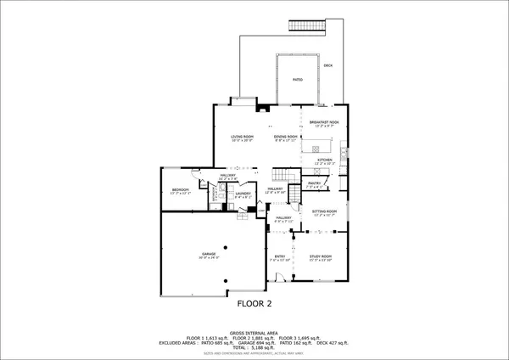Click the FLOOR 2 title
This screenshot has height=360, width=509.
pyautogui.click(x=254, y=302)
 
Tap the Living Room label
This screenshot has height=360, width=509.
pyautogui.click(x=243, y=137)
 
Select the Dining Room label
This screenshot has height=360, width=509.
pyautogui.click(x=285, y=137)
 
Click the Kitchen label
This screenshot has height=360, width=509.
pyautogui.click(x=324, y=160)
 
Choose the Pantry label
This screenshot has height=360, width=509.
pyautogui.click(x=313, y=183)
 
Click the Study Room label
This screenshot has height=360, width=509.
pyautogui.click(x=320, y=256)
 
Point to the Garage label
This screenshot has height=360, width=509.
pyautogui.click(x=210, y=254)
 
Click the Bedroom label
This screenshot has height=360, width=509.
pyautogui.click(x=180, y=189)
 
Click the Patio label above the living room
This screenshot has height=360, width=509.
pyautogui.click(x=298, y=79)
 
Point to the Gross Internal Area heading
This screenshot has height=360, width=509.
pyautogui.click(x=254, y=332)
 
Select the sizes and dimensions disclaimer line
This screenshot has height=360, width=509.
pyautogui.click(x=254, y=353)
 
